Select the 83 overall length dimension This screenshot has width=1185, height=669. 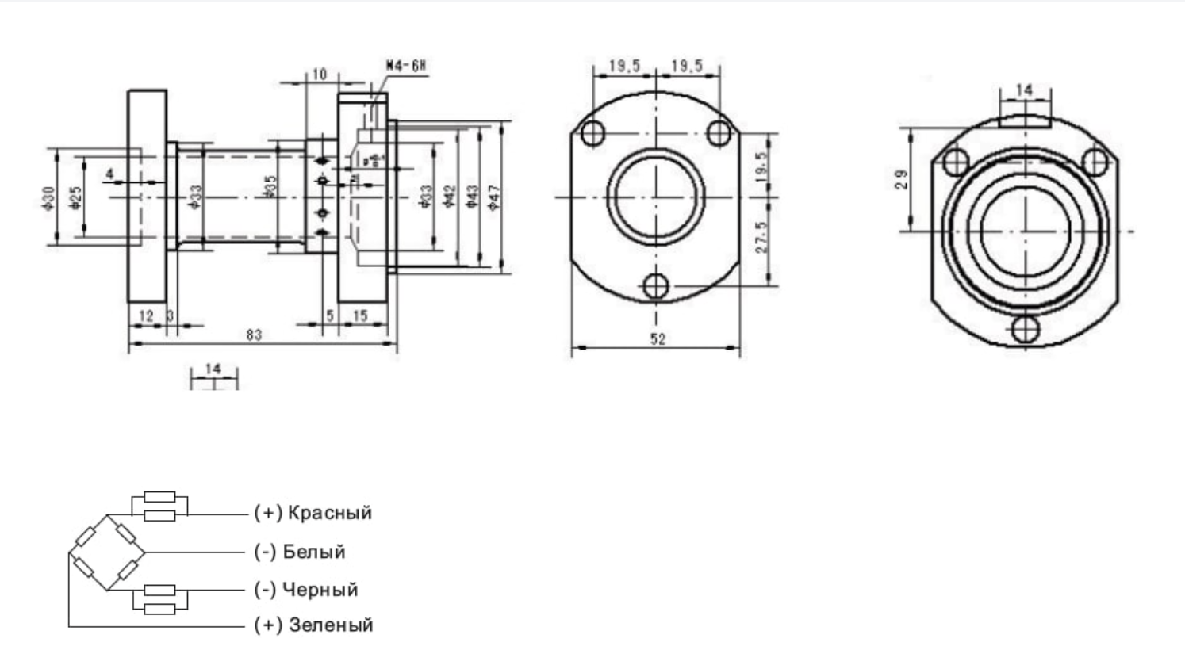click(x=253, y=334)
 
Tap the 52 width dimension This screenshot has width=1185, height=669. click(x=658, y=339)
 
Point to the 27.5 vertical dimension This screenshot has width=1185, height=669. click(x=761, y=237)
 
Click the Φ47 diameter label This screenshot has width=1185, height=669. click(x=494, y=197)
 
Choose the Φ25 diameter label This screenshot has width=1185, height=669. click(x=75, y=197)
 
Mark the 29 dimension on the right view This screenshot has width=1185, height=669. click(x=901, y=179)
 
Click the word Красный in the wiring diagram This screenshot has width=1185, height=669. click(x=329, y=513)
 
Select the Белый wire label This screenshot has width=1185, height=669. click(x=314, y=552)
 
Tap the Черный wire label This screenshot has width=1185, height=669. click(x=320, y=590)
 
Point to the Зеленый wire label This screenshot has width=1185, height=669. click(x=331, y=625)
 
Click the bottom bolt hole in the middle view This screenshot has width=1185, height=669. click(x=656, y=286)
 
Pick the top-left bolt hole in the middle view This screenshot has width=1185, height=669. click(x=593, y=133)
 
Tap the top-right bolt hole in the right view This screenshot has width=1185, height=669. click(x=1095, y=162)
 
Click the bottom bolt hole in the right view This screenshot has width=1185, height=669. click(x=1026, y=329)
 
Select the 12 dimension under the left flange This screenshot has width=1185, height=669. click(x=146, y=315)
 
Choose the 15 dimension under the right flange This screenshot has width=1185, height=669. click(x=360, y=315)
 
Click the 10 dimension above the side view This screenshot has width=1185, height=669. click(x=319, y=75)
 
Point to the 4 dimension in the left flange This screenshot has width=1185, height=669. click(x=109, y=174)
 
